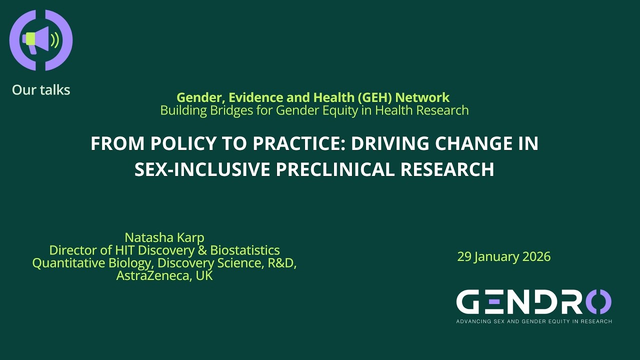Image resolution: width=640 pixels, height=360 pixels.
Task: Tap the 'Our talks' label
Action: coord(41,90)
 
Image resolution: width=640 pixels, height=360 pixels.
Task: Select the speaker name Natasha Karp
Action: coord(164,237)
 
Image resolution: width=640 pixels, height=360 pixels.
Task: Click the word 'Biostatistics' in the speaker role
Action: coord(244,250)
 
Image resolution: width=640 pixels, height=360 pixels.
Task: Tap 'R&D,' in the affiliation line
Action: coord(282,263)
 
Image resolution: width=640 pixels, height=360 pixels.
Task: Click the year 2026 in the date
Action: coord(536,257)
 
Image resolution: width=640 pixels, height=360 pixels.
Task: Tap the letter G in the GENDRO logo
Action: coord(470,302)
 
